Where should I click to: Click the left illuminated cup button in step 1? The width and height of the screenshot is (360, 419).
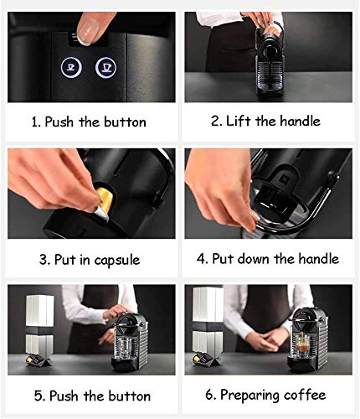(x=71, y=67)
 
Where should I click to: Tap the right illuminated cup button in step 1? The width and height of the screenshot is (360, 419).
(x=105, y=67)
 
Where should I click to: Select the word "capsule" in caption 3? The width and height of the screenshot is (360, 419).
(x=116, y=260)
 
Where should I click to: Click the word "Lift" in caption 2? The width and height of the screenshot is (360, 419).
(x=238, y=121)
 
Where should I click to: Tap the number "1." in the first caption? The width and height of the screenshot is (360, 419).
(x=36, y=122)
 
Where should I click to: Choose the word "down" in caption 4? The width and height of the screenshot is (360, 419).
(x=254, y=258)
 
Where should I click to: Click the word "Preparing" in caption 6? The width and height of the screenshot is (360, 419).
(x=249, y=396)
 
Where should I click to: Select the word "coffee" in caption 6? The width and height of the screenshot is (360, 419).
(x=305, y=395)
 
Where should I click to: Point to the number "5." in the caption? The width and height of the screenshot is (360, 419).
(x=40, y=396)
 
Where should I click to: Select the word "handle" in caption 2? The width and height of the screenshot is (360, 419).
(x=301, y=121)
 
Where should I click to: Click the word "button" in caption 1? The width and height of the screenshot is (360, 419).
(x=125, y=122)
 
